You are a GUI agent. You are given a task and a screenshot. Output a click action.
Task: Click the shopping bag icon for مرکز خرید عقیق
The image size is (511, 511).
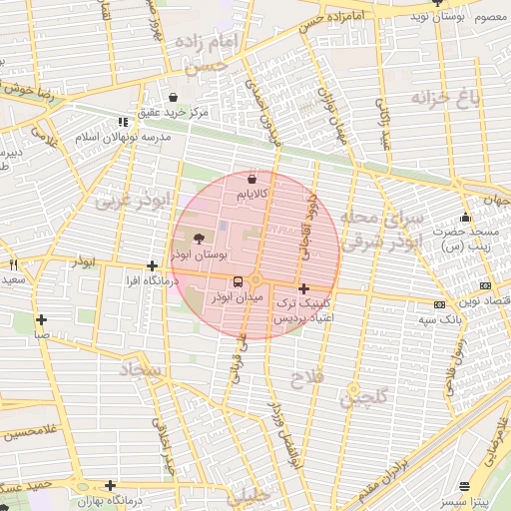click(175, 98)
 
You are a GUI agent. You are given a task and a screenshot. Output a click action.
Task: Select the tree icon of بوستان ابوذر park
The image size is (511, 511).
click(199, 239)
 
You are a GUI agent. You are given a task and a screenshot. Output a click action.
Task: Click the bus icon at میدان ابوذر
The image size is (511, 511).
click(238, 282)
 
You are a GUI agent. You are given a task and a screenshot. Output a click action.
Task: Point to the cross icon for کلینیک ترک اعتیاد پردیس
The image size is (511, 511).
click(303, 288)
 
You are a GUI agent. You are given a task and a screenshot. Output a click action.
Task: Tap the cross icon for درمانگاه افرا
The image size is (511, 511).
click(151, 266)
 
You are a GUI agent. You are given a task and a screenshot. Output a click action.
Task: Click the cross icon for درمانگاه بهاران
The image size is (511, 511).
click(111, 486)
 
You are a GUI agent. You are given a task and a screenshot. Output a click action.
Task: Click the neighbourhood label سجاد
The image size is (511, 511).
click(139, 369)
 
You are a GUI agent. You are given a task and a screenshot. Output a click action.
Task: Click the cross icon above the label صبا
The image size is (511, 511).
click(41, 320)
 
